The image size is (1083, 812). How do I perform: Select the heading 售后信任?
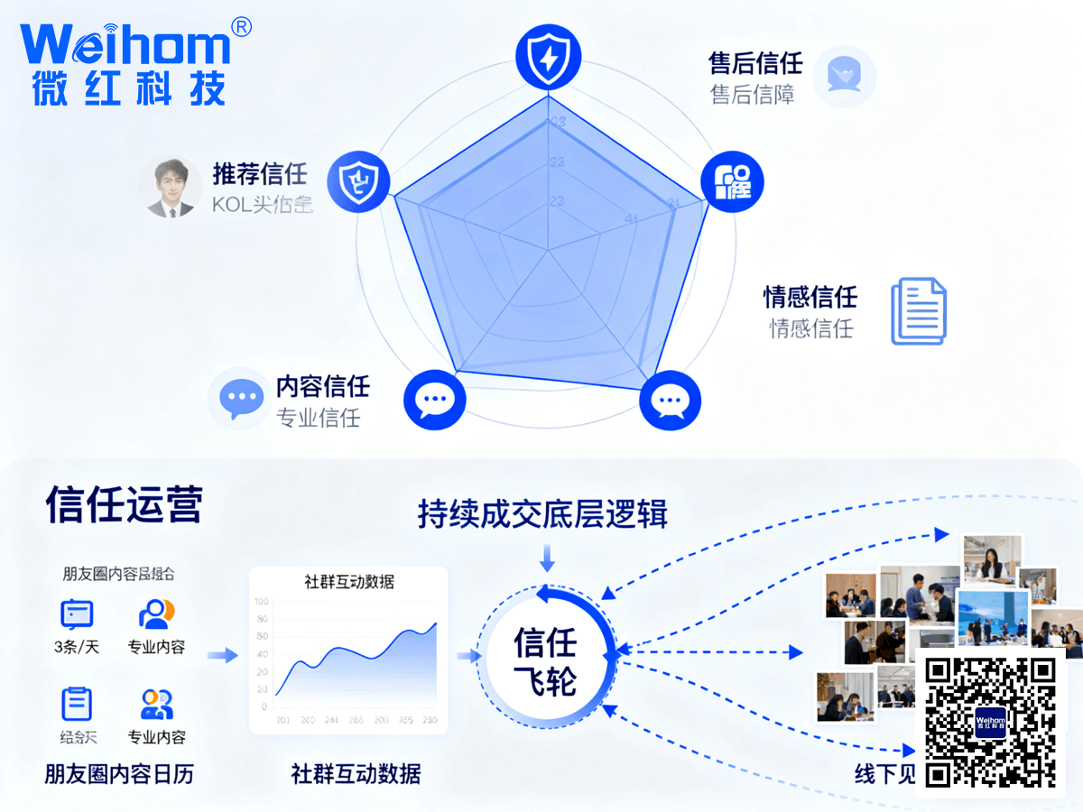click(x=755, y=62)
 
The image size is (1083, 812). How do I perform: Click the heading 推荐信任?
click(x=260, y=172)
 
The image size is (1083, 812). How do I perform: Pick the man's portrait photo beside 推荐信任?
click(x=171, y=189)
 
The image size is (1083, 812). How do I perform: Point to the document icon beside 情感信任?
click(x=919, y=310)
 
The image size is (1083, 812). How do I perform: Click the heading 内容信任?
click(x=322, y=387)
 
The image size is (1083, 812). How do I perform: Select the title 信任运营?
click(x=125, y=505)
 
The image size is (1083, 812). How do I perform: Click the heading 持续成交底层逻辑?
click(x=542, y=513)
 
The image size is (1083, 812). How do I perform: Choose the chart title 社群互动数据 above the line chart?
click(x=349, y=582)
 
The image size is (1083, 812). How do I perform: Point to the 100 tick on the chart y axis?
click(x=262, y=602)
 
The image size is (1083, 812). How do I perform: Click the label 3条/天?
click(x=77, y=647)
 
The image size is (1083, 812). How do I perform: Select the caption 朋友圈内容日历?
click(x=118, y=774)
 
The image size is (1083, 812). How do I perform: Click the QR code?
click(x=990, y=721)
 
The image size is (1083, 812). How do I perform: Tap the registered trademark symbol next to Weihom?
click(x=241, y=28)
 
